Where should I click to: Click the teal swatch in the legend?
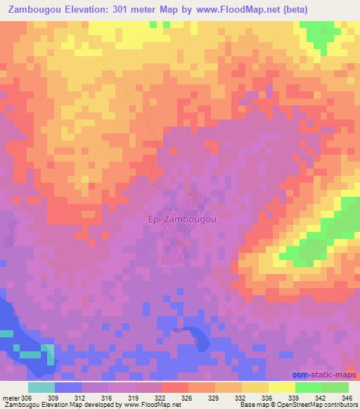pyautogui.click(x=41, y=387)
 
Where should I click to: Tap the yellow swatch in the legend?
pyautogui.click(x=281, y=387)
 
